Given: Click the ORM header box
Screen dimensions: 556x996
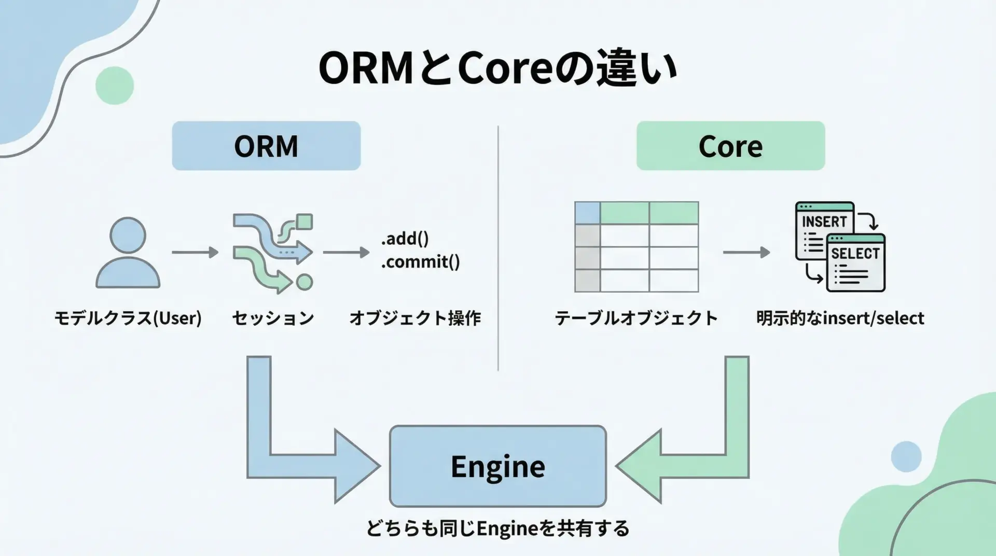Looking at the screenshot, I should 266,146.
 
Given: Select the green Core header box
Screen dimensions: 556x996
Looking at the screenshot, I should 730,146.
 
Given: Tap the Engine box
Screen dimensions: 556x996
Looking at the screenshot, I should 497,466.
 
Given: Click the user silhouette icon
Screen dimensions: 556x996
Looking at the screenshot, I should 128,253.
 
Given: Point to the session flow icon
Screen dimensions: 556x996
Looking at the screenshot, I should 272,253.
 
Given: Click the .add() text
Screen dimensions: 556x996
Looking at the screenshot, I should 405,239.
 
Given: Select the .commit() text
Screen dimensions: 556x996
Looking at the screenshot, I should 420,262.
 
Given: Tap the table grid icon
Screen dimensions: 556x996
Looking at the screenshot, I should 637,247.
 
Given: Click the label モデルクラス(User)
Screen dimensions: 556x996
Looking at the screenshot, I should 128,318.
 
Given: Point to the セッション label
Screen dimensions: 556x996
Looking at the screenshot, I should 273,318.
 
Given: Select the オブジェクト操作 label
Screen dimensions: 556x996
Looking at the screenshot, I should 415,318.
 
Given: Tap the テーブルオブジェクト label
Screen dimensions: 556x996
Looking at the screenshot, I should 636,318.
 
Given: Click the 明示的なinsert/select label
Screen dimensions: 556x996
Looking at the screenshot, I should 840,318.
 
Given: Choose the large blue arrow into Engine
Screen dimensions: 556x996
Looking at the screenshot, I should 290,456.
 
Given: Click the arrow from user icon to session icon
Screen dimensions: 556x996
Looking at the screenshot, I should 195,253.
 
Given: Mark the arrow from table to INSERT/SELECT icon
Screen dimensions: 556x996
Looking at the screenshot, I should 746,253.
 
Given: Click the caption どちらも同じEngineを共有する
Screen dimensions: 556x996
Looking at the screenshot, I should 497,529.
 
